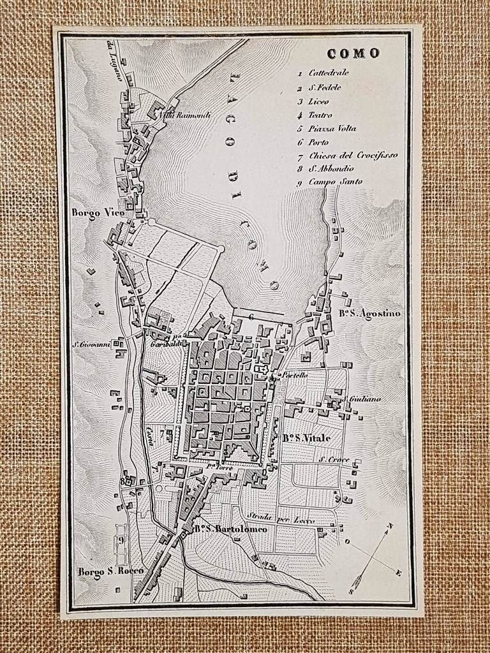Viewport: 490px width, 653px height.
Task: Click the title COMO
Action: pyautogui.click(x=354, y=54)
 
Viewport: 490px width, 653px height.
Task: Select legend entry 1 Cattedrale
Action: pyautogui.click(x=328, y=73)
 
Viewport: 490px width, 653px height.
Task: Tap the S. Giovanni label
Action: pyautogui.click(x=92, y=344)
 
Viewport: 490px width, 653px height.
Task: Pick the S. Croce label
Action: pyautogui.click(x=332, y=459)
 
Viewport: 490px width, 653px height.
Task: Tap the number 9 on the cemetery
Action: pyautogui.click(x=121, y=541)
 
